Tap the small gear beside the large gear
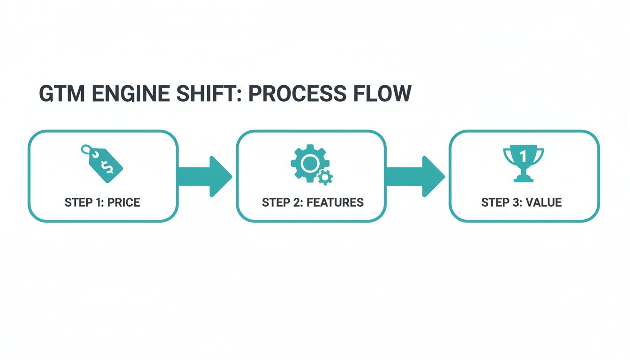click(x=325, y=177)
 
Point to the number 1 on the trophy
click(x=523, y=155)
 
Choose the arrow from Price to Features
click(x=205, y=176)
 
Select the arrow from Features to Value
click(x=415, y=176)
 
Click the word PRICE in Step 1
click(x=123, y=202)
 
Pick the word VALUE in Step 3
click(x=544, y=202)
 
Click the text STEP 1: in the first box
click(x=84, y=202)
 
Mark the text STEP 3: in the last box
click(x=501, y=202)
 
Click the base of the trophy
click(x=523, y=179)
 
